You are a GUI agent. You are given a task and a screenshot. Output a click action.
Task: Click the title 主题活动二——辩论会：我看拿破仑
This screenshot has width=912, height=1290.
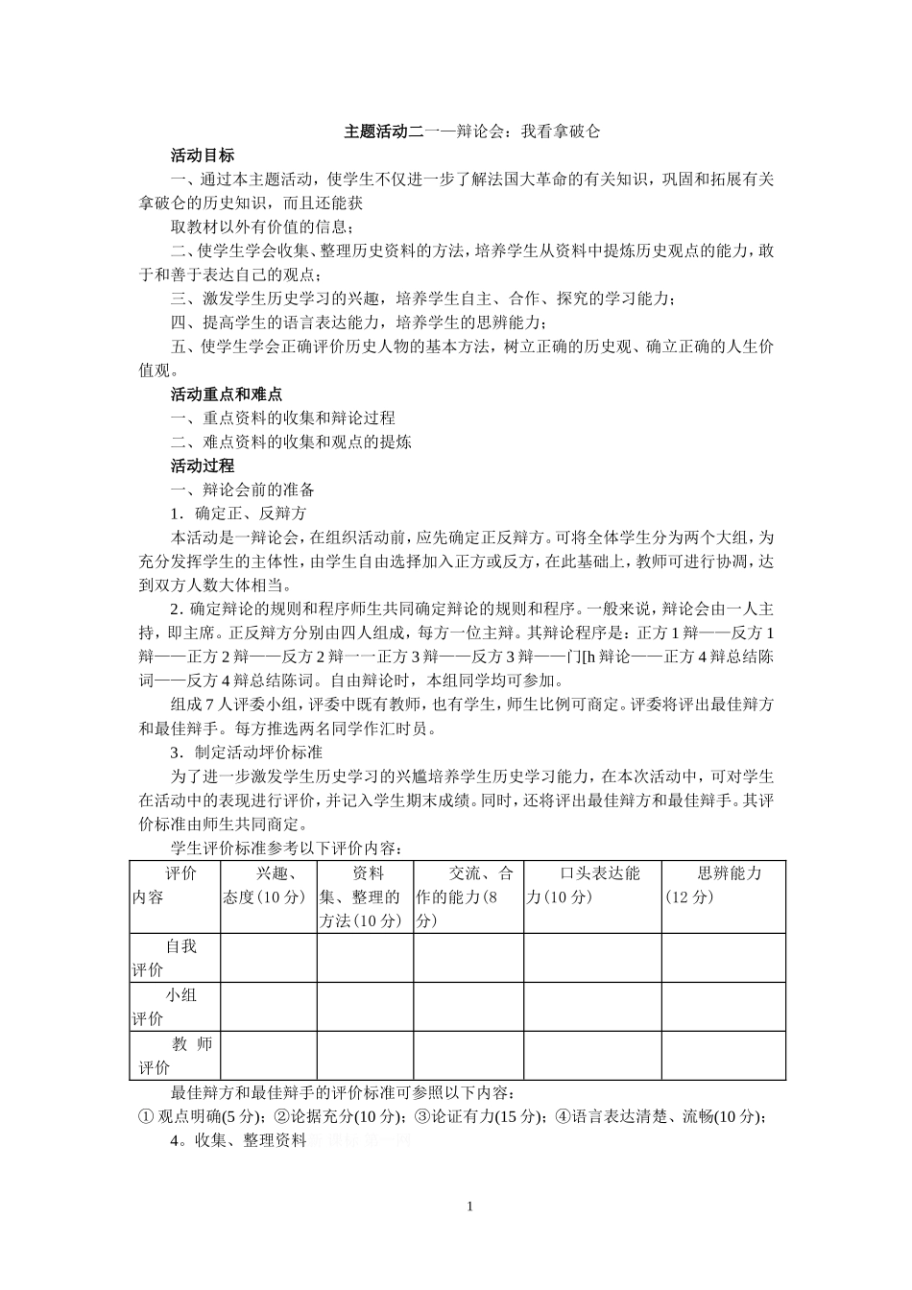(x=471, y=131)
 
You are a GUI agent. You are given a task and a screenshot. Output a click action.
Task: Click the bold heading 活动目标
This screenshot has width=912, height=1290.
(x=202, y=155)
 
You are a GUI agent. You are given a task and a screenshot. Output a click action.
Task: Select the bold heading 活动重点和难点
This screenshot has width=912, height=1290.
(x=226, y=394)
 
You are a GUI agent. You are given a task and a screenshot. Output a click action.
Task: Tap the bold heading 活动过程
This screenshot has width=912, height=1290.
(x=202, y=466)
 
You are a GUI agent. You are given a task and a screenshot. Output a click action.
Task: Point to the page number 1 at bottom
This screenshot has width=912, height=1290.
(x=469, y=1206)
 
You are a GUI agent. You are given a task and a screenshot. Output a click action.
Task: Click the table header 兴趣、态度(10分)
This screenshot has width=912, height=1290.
(x=269, y=885)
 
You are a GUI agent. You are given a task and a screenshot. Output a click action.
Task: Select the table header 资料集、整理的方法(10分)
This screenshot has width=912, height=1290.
(x=365, y=896)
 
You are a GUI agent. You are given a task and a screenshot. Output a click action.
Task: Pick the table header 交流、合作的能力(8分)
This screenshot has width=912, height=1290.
(x=468, y=896)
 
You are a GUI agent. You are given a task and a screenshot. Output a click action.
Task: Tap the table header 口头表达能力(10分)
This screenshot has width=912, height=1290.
(x=591, y=885)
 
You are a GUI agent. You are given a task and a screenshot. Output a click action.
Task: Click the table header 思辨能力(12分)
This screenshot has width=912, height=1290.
(x=722, y=885)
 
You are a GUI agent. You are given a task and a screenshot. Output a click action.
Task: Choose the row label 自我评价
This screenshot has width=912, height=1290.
(x=175, y=958)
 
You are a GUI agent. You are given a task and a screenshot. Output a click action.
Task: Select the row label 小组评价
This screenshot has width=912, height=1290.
(x=175, y=1007)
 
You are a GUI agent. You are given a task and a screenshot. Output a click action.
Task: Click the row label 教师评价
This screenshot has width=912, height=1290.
(x=175, y=1056)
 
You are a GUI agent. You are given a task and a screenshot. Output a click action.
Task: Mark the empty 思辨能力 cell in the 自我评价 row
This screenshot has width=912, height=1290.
(x=722, y=958)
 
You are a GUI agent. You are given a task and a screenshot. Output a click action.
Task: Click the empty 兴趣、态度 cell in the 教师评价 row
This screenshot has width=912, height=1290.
(x=269, y=1056)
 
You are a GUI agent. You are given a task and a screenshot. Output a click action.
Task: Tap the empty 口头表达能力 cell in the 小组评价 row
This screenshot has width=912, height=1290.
(x=591, y=1007)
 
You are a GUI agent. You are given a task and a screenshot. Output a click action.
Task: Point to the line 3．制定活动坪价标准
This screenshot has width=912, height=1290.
(x=247, y=752)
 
